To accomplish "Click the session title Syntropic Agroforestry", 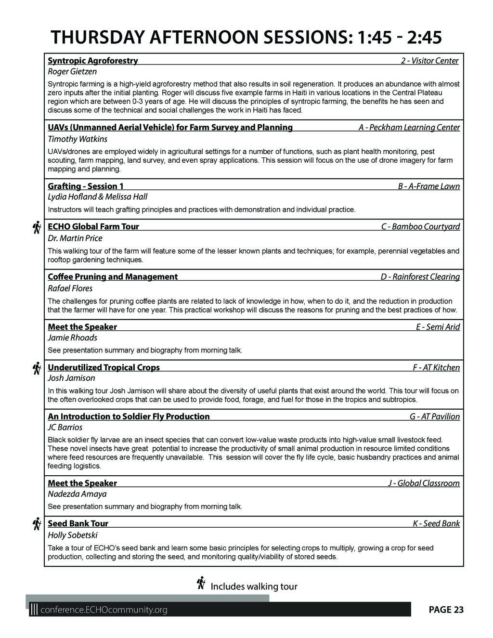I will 93,61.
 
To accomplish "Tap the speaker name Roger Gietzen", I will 72,72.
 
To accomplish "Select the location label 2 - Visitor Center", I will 429,61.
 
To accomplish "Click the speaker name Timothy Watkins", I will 78,139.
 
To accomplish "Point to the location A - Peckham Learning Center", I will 409,128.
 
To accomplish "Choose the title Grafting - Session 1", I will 86,186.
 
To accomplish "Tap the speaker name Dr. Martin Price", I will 75,238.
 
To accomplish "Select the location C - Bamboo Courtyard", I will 420,227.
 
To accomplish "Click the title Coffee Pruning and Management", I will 113,277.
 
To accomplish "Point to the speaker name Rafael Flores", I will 70,288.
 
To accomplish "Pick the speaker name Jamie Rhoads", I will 73,338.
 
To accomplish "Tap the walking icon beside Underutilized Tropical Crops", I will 36,368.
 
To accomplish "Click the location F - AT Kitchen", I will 436,368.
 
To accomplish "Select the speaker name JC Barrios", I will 65,428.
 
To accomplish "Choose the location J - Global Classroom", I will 424,483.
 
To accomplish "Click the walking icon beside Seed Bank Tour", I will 36,524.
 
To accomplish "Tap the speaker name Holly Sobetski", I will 73,535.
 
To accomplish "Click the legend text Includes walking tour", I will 254,586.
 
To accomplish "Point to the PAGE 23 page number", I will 446,610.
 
